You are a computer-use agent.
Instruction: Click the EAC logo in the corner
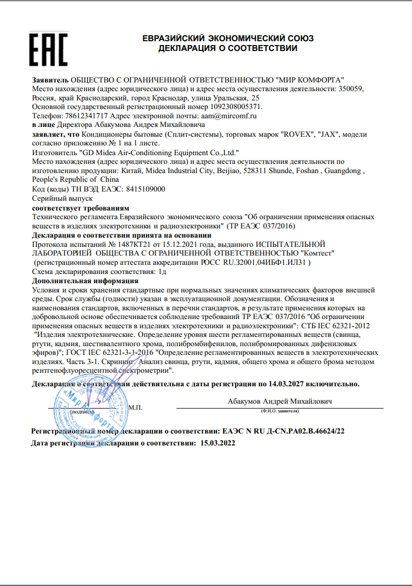click(48, 49)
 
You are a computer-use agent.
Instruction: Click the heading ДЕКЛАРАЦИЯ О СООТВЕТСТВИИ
click(227, 48)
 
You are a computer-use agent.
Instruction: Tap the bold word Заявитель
click(50, 79)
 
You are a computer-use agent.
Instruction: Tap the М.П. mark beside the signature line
click(136, 407)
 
